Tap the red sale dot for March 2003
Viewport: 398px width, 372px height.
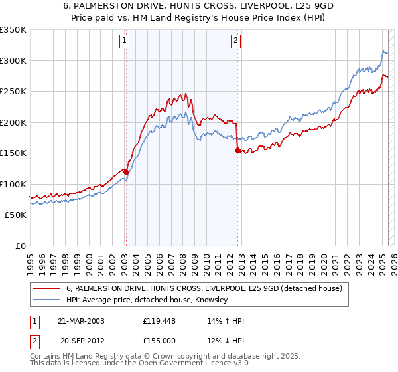(x=126, y=172)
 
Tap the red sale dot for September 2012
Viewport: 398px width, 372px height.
(x=237, y=151)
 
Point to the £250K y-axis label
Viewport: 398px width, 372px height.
(x=13, y=92)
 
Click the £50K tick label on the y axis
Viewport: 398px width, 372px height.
(x=15, y=215)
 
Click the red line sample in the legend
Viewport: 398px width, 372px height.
(x=46, y=288)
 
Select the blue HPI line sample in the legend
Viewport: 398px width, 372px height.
(x=46, y=300)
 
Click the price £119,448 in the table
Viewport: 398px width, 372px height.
(x=157, y=321)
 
